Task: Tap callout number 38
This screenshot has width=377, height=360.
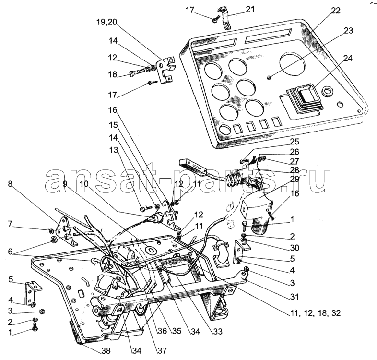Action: click(x=104, y=351)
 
